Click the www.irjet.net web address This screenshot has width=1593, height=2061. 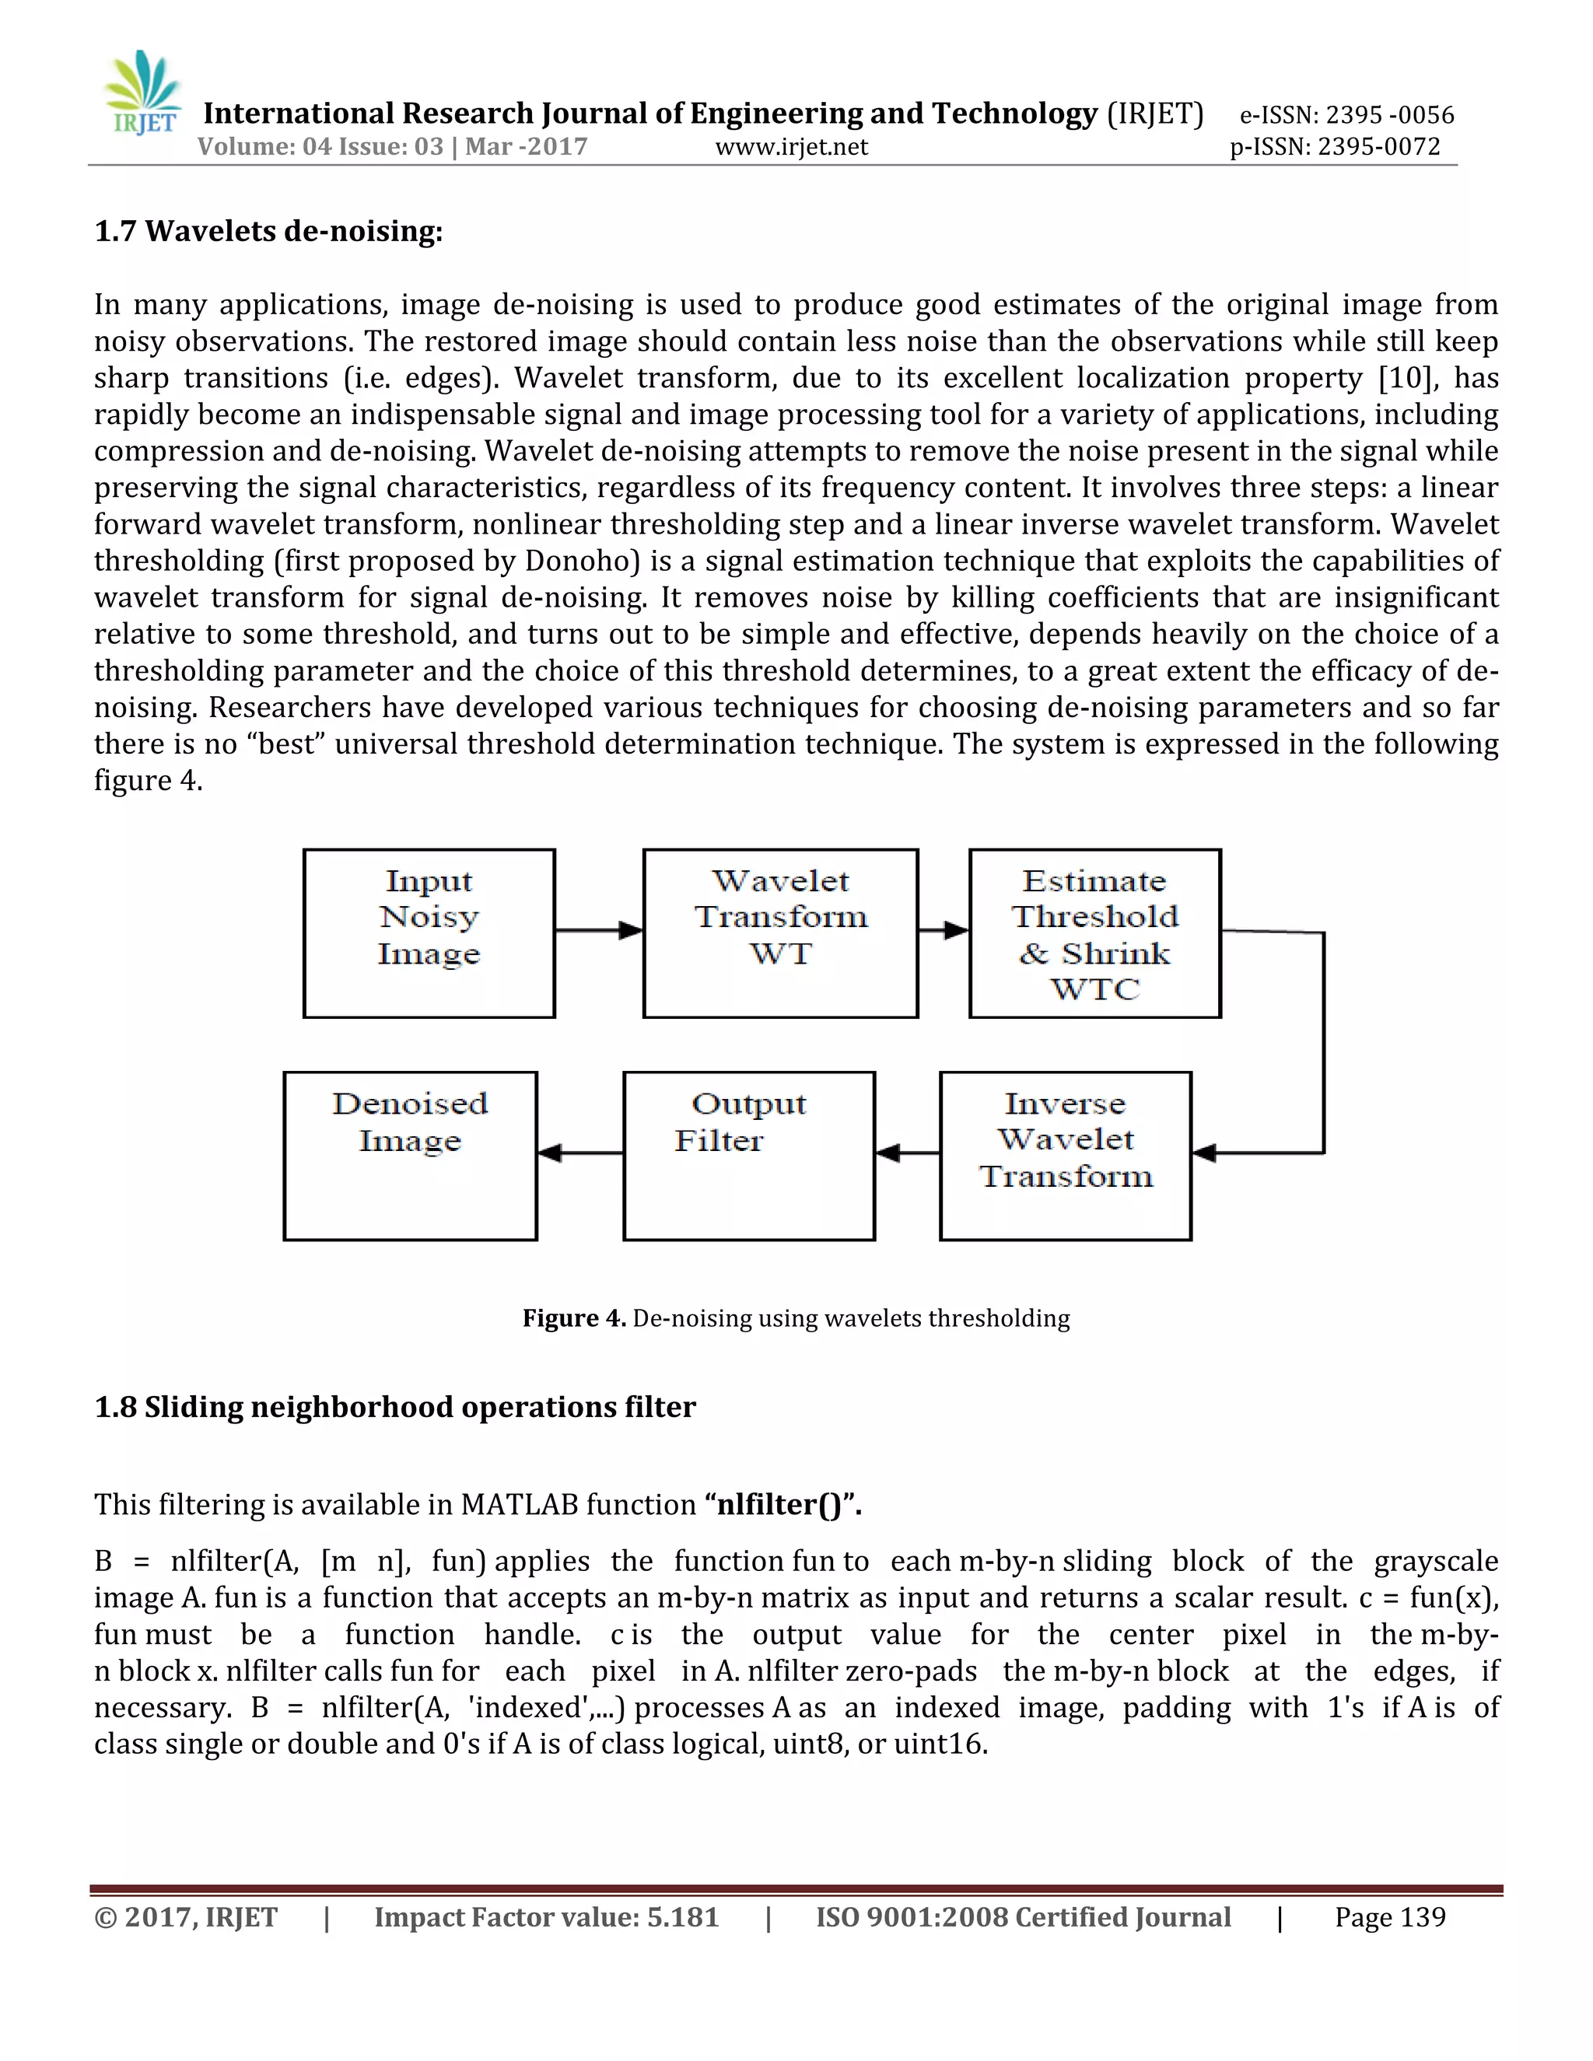click(791, 147)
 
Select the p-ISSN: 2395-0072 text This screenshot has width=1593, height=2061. click(1335, 147)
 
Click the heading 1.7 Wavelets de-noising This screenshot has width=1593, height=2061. click(268, 231)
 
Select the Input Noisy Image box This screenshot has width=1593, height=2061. click(429, 933)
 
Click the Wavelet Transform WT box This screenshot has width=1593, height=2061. click(779, 933)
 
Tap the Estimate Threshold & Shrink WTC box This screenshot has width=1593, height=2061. click(1094, 933)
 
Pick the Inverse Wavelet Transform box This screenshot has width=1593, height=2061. click(1066, 1156)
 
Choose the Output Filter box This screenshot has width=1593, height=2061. click(748, 1156)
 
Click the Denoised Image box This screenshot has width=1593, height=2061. click(410, 1156)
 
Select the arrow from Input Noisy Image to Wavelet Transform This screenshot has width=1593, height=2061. click(598, 930)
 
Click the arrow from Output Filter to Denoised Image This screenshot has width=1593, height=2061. click(579, 1153)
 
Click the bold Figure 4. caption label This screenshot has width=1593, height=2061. click(574, 1318)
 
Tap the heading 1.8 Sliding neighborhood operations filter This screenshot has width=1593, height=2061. click(394, 1407)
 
